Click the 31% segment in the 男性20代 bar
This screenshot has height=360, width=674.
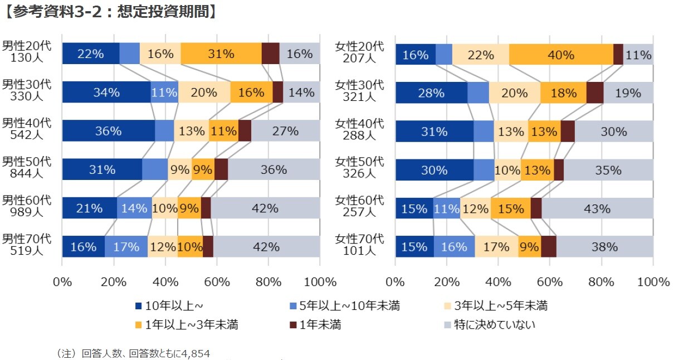pyautogui.click(x=221, y=54)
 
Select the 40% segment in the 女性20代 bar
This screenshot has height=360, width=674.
pyautogui.click(x=560, y=55)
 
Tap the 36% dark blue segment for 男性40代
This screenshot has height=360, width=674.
pyautogui.click(x=108, y=131)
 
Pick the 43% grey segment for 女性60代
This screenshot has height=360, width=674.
pyautogui.click(x=597, y=208)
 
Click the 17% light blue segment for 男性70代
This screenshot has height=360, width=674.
pyautogui.click(x=126, y=247)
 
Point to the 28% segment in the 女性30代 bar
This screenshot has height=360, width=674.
pyautogui.click(x=431, y=93)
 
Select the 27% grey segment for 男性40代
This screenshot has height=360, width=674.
pyautogui.click(x=285, y=131)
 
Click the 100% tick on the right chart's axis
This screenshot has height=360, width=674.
pyautogui.click(x=652, y=281)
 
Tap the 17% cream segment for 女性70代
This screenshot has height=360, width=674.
pyautogui.click(x=496, y=247)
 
